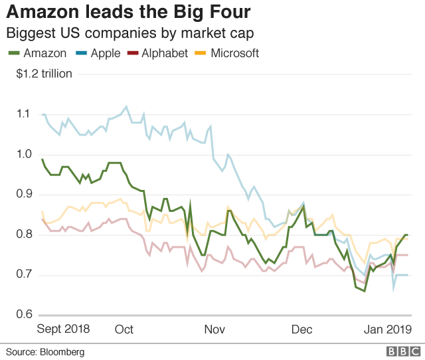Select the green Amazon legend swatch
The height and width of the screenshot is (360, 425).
13,53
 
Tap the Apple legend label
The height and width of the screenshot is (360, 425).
104,53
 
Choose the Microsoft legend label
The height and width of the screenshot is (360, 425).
234,53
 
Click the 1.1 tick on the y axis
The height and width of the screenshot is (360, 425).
24,114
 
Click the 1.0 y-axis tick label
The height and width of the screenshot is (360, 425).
24,154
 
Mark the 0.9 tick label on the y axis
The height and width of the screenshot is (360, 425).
24,195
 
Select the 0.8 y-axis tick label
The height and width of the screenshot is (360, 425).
24,234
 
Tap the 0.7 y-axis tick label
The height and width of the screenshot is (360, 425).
24,275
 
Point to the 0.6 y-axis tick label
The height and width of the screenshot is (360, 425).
24,315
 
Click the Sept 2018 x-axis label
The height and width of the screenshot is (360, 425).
63,329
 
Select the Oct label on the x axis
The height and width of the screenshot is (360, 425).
124,329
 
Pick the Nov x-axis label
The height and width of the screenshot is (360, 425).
214,329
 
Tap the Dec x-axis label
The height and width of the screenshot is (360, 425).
301,329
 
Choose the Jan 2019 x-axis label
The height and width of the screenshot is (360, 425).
389,329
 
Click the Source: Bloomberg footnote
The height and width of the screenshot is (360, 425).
45,351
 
